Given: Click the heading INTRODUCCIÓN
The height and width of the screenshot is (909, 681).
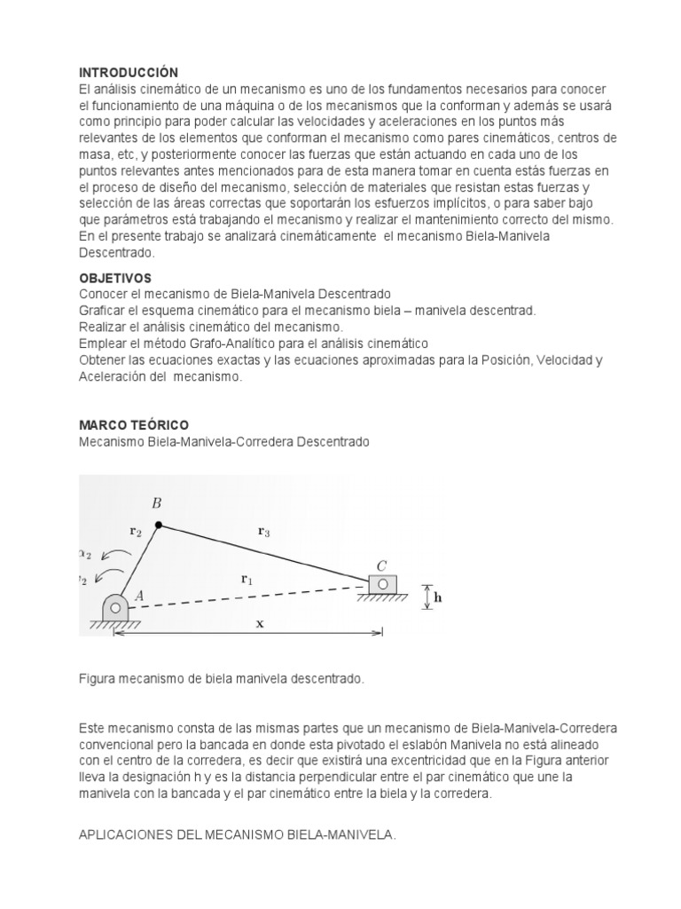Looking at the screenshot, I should pyautogui.click(x=129, y=72).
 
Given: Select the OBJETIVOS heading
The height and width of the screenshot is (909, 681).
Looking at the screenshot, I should pyautogui.click(x=115, y=278).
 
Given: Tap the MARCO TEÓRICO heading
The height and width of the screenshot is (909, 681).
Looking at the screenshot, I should pyautogui.click(x=134, y=425).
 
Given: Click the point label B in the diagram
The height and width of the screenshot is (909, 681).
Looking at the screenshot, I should pyautogui.click(x=157, y=503).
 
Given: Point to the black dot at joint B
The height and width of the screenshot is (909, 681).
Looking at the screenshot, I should pyautogui.click(x=159, y=526).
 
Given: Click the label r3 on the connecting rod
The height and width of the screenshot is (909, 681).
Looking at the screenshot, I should pyautogui.click(x=263, y=532).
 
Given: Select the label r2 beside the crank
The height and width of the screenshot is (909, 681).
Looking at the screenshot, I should pyautogui.click(x=136, y=533).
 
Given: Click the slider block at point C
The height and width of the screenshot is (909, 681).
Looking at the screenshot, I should pyautogui.click(x=382, y=583).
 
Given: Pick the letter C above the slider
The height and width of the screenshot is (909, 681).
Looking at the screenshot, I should pyautogui.click(x=381, y=565).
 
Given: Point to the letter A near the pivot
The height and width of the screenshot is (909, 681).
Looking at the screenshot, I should pyautogui.click(x=138, y=597).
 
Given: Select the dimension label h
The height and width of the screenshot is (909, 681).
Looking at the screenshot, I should pyautogui.click(x=437, y=597).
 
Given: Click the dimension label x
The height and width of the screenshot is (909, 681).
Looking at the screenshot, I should pyautogui.click(x=260, y=623).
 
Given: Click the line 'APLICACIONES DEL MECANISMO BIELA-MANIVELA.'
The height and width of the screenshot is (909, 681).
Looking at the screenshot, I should pyautogui.click(x=238, y=834).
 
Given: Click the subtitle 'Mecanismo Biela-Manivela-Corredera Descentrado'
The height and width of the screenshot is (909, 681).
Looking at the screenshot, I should pyautogui.click(x=223, y=441).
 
